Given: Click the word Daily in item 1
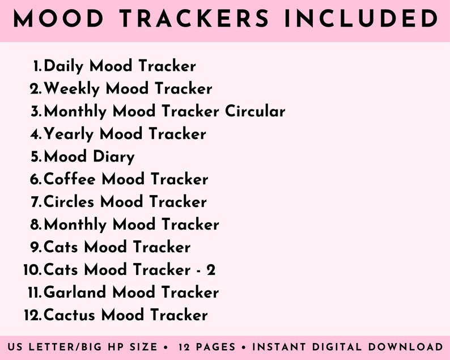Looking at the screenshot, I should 63,66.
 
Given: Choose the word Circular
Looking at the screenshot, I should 255,111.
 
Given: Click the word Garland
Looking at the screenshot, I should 75,293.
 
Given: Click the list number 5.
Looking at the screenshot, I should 36,157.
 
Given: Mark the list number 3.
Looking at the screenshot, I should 36,112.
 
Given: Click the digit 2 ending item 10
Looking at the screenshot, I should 211,270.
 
